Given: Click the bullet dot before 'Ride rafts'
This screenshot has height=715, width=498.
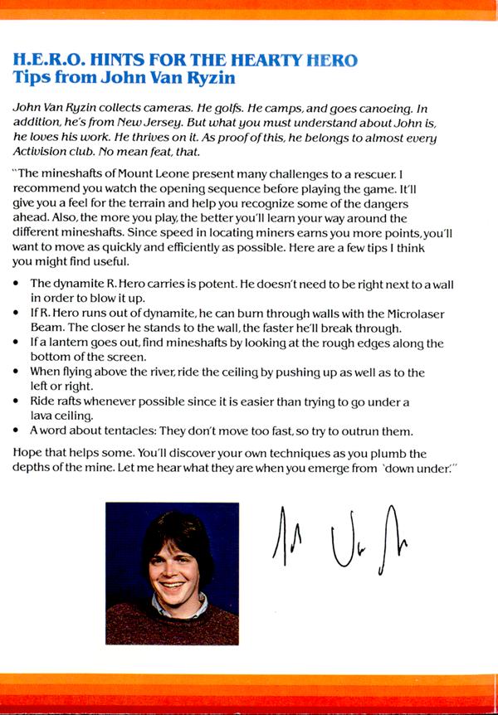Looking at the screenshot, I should click(x=18, y=402).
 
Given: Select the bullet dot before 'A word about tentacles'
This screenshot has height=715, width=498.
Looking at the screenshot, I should click(x=18, y=431).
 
